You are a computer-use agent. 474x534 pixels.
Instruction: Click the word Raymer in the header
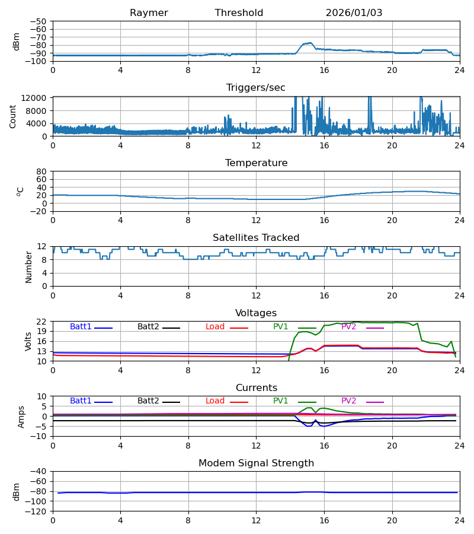tap(149, 13)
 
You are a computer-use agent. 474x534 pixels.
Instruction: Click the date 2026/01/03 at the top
tap(354, 13)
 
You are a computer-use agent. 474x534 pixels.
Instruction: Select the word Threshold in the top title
tap(239, 13)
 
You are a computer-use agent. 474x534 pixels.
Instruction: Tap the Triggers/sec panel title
tap(256, 88)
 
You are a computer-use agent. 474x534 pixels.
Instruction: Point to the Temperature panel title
tap(256, 163)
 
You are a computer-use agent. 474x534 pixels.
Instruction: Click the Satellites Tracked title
tap(256, 238)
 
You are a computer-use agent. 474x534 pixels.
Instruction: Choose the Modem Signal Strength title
tap(256, 463)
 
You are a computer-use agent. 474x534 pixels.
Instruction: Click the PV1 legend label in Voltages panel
tap(280, 327)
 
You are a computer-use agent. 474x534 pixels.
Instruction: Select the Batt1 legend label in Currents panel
tap(81, 401)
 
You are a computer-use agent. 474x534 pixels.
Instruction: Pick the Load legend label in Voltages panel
tap(215, 327)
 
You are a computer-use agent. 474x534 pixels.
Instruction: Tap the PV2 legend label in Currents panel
tap(348, 401)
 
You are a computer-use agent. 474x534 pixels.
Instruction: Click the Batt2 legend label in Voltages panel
tap(149, 327)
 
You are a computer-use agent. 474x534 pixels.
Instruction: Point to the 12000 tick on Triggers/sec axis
tap(38, 98)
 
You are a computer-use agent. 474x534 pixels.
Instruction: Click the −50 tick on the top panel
tap(41, 21)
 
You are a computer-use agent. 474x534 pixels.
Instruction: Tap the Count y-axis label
tap(13, 116)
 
